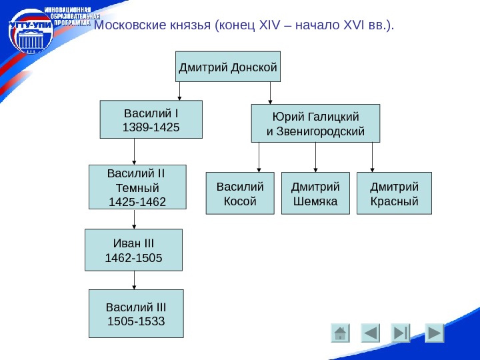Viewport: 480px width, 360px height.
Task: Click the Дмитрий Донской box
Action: coord(228,67)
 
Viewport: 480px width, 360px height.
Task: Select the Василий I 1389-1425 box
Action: coord(151,119)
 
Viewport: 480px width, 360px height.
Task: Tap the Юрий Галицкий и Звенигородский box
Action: coord(315,123)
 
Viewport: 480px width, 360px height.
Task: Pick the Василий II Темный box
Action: coord(137,187)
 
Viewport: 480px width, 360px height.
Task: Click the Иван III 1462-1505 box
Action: coord(133,250)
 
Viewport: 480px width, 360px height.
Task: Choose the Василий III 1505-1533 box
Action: coord(136,314)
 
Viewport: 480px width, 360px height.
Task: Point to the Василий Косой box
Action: coord(240,193)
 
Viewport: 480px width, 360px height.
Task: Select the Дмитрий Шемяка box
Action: coord(316,193)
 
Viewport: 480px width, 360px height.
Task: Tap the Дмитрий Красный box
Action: coord(394,193)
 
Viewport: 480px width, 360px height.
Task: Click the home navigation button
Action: coord(340,333)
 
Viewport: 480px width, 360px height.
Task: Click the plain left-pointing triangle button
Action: coord(371,333)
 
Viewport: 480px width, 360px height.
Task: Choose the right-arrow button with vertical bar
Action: coord(401,333)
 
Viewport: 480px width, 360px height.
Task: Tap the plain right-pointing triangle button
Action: coord(434,333)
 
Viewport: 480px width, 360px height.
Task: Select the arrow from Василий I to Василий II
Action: coord(135,151)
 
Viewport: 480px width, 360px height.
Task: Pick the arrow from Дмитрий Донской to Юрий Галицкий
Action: coord(270,93)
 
